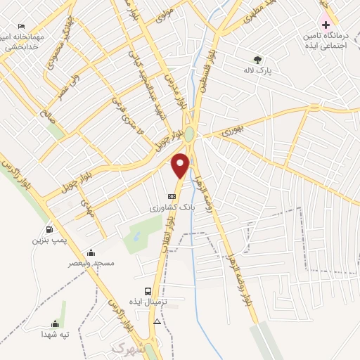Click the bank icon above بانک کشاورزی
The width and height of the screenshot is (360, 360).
pos(172,196)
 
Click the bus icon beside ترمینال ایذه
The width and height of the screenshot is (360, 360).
pos(148,291)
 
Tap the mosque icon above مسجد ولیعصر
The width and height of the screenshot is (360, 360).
pos(91,252)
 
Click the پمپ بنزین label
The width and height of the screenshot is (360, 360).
pos(47,240)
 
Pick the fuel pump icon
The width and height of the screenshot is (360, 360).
pos(49,229)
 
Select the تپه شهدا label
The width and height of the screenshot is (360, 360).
pos(54,335)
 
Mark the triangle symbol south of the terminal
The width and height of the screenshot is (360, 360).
pos(157,321)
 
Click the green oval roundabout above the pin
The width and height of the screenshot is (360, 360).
pos(191,139)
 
